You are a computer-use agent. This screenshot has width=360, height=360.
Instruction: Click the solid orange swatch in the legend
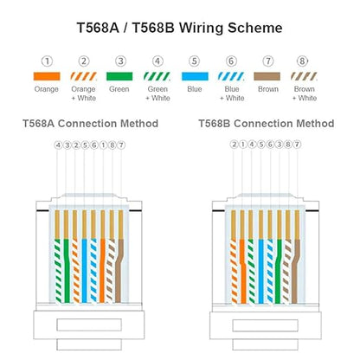(47, 76)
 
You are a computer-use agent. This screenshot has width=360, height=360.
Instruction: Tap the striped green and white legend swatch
(157, 76)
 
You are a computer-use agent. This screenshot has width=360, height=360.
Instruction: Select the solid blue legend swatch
(195, 76)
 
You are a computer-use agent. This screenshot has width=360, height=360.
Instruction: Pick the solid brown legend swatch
(267, 76)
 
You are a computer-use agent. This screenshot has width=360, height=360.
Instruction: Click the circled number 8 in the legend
(302, 61)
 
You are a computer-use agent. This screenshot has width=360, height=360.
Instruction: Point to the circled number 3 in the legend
(120, 61)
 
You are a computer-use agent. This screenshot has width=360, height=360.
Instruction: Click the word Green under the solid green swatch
(119, 89)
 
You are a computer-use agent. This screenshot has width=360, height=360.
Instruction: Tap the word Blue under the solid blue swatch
(195, 89)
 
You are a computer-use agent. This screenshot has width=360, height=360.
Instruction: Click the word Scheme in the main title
(254, 28)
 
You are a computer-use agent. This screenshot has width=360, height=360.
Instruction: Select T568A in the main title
(98, 28)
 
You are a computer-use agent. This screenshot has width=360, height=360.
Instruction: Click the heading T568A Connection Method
(90, 124)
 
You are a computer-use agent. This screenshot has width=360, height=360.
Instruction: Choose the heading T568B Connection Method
(267, 124)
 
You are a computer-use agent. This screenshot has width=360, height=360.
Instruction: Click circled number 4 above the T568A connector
(58, 145)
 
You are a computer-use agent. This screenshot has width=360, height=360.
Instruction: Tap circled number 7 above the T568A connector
(121, 145)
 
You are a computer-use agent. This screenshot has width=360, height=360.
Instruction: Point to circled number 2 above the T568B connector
(234, 145)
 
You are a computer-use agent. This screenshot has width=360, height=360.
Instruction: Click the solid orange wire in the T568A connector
(102, 271)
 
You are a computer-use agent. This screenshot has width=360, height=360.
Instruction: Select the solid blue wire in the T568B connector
(260, 271)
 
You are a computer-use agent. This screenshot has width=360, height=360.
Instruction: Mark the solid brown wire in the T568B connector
(296, 271)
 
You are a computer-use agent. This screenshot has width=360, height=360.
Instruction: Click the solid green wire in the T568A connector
(67, 271)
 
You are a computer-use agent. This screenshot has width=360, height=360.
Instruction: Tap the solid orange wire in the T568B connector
(243, 271)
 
